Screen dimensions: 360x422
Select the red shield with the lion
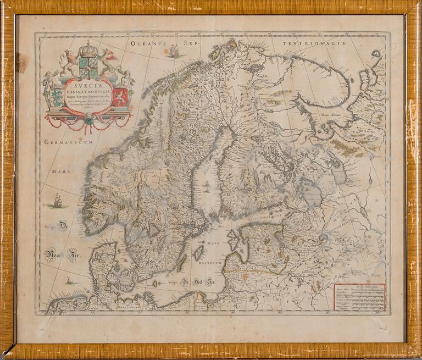click(x=120, y=97)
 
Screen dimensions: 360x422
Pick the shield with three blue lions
click(x=58, y=97)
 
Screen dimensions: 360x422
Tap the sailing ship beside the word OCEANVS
click(x=175, y=52)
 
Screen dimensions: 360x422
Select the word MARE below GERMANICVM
click(x=62, y=171)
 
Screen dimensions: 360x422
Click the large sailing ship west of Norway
click(x=58, y=201)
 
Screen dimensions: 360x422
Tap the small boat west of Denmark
click(x=69, y=281)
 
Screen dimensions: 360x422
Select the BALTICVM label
click(x=210, y=263)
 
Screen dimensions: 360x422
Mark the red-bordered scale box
click(x=360, y=297)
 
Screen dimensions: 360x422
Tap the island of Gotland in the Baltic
click(x=199, y=253)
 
